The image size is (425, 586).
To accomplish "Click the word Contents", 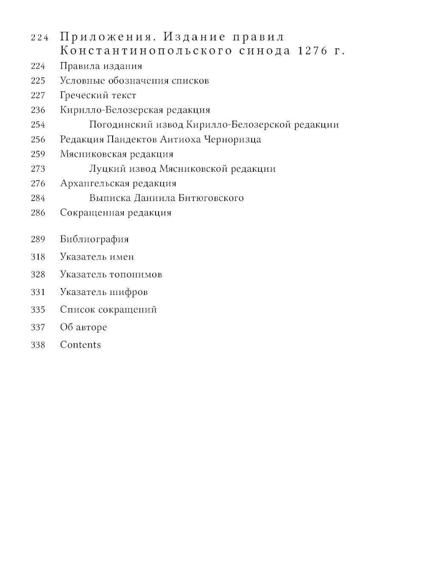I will coord(80,345).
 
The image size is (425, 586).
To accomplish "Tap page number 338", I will coord(38,345).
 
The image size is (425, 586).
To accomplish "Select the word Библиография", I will coord(94,239).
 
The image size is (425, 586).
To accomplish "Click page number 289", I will coord(38,239).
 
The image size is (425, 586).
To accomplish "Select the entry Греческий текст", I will coord(98,95).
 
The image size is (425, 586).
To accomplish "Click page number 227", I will coord(38,95).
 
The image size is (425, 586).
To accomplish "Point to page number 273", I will coord(38,169).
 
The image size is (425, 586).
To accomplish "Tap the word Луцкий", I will coord(102,169).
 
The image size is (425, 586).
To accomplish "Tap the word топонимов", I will coord(136,275).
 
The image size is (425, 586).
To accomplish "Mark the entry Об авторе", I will coord(83,327).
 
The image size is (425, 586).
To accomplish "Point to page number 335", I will coord(38,309).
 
